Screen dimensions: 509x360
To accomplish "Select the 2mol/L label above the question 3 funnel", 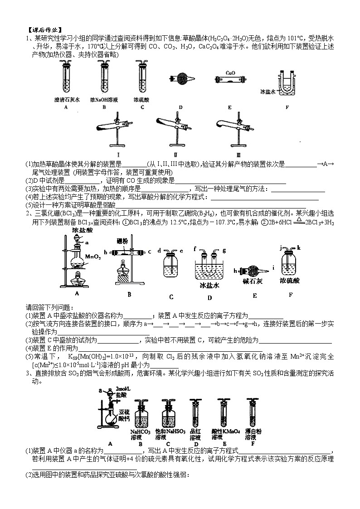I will [x=123, y=389].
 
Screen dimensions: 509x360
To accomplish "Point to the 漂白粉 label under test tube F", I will [x=253, y=432].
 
